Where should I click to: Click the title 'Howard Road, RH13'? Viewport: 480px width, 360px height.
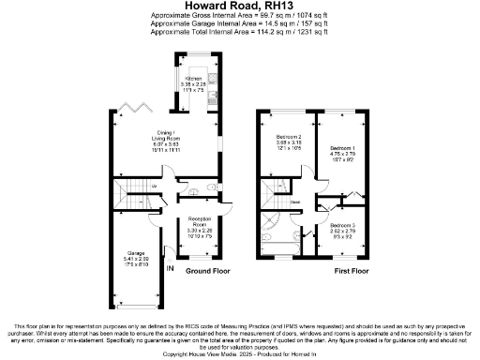coord(239,7)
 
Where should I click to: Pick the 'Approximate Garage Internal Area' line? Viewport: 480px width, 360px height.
coord(239,24)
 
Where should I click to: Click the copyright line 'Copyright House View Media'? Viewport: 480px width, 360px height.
coord(239,354)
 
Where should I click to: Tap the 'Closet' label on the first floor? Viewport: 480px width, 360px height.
coord(294,202)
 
